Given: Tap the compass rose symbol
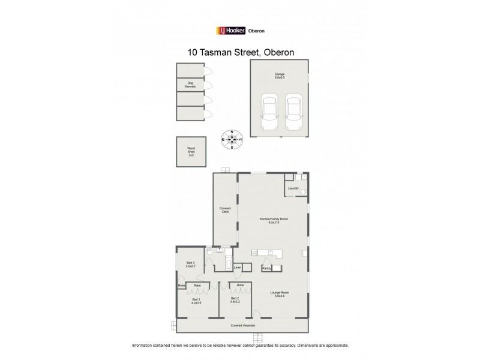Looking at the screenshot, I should point(233,140).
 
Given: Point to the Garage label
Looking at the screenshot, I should point(280,76).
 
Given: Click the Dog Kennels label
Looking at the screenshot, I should point(191,85).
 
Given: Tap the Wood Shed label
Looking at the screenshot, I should point(191,152).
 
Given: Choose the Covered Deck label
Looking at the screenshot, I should point(224,210).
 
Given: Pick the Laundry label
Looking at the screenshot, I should point(293,188).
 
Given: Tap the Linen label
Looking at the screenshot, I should point(238,267).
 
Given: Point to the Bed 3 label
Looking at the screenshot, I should point(190,265).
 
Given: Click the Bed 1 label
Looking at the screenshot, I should point(196,301).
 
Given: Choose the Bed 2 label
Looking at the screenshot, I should point(236,301).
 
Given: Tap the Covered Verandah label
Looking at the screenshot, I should point(243,325).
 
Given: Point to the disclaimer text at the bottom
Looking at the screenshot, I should point(240,346).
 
